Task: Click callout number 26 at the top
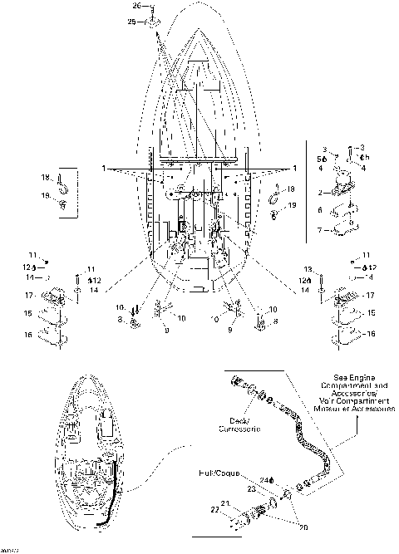(x=138, y=7)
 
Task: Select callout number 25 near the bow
(x=131, y=22)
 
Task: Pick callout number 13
(x=307, y=270)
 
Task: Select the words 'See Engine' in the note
(x=346, y=376)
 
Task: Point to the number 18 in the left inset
(x=47, y=177)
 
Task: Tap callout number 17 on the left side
(x=28, y=295)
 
